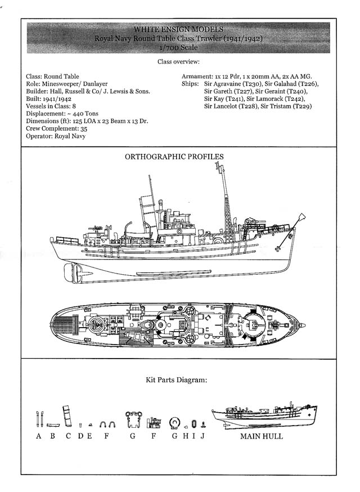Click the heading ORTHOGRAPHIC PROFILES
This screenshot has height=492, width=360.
point(174,156)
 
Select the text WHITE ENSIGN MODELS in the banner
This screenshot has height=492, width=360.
point(178,29)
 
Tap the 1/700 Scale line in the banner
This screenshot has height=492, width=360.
point(178,48)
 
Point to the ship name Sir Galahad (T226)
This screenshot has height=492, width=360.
point(291,84)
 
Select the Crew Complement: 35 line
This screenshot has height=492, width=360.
point(56,129)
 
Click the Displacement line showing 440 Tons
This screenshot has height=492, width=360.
point(62,114)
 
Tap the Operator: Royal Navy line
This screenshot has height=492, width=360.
point(56,136)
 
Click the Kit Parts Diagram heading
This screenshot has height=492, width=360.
point(176,380)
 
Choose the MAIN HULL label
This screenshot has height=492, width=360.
point(262,436)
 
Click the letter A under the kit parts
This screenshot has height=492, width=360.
point(39,436)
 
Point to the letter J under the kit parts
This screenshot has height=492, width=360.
point(202,436)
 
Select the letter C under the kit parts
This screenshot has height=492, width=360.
point(68,436)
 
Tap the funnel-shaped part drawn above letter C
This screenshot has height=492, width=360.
point(67,416)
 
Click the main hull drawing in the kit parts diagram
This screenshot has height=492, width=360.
point(264,415)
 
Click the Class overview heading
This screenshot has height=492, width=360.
point(178,61)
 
